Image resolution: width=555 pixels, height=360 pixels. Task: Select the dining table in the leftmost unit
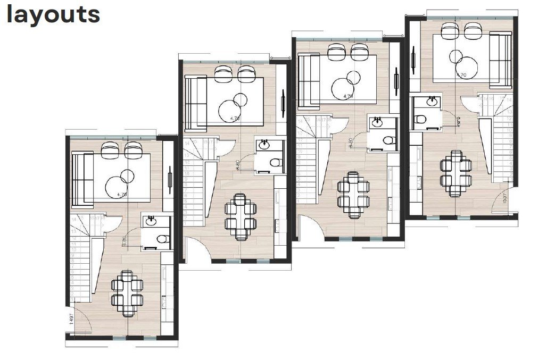point(127,293)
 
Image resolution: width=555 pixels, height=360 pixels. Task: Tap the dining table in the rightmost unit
point(456,173)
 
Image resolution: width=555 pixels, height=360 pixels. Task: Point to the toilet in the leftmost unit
point(162,238)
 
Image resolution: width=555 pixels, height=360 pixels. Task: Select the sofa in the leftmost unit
point(82,179)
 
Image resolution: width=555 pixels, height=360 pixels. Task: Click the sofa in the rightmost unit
point(500,60)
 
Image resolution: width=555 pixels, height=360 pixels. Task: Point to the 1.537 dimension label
point(504,202)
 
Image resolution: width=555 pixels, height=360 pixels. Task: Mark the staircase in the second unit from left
point(195,181)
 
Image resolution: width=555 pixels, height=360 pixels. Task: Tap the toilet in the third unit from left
point(388,140)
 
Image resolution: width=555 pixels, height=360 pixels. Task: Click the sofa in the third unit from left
point(309,81)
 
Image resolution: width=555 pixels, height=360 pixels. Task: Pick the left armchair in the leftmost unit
point(110,150)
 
